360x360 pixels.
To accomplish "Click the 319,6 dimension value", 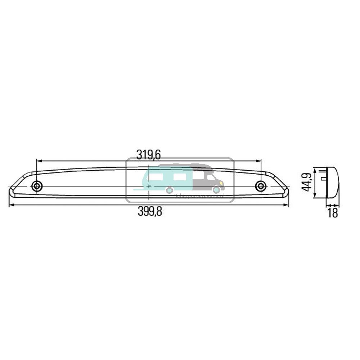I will coord(148,154).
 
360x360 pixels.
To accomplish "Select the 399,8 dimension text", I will coord(150,212).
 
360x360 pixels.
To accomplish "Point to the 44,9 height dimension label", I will coord(307,182).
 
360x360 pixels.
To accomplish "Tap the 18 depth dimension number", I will coord(333,213).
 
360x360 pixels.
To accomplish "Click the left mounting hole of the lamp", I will coord(37,186).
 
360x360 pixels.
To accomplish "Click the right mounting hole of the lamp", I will coord(260,186).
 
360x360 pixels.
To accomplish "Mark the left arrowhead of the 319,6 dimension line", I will coord(39,161).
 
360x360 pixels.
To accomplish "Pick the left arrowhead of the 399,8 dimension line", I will coord(11,205).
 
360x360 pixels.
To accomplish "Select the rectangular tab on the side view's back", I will coord(323,177).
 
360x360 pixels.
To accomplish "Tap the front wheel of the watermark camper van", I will coord(216,190).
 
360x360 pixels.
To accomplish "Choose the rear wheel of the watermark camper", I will coord(169,190).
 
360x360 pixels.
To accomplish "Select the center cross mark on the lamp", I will coord(149,186).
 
